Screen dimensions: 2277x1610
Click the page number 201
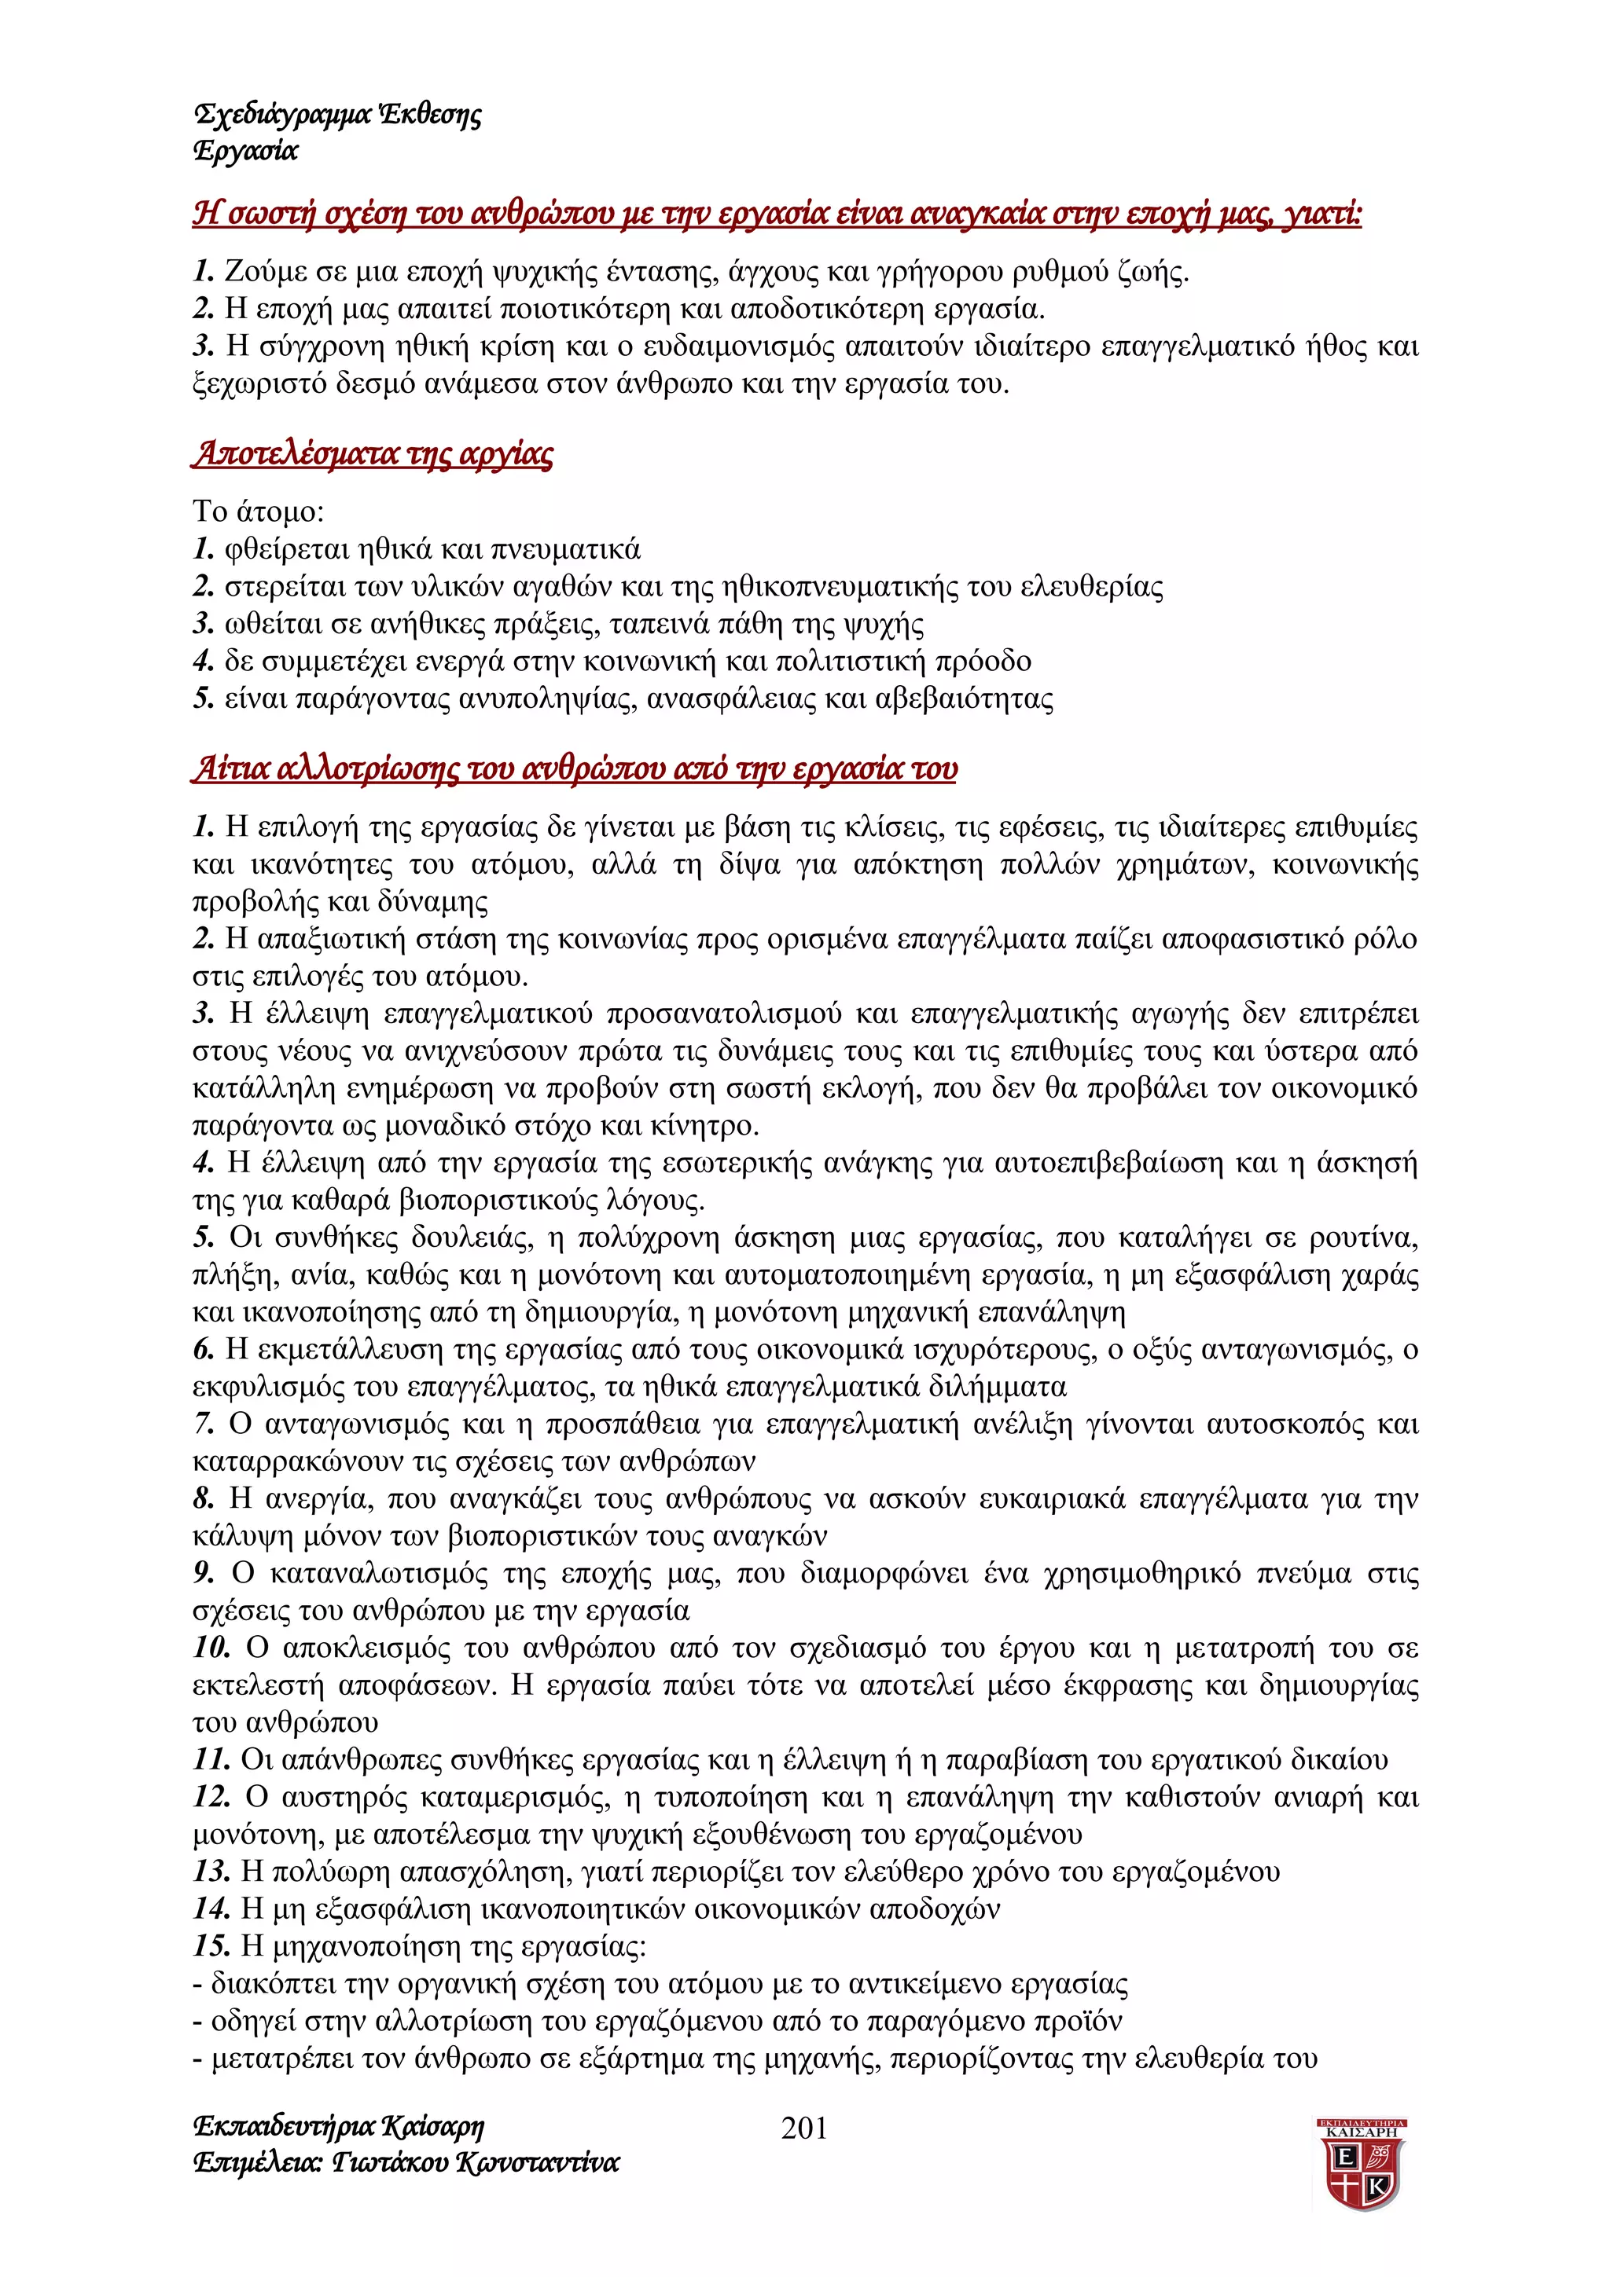(x=803, y=2127)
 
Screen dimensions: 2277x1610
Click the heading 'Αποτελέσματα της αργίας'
(x=373, y=453)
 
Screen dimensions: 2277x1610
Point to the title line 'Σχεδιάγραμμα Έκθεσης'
(x=337, y=115)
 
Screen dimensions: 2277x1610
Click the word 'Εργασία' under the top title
(x=246, y=151)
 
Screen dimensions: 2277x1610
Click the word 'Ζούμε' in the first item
(x=260, y=271)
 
